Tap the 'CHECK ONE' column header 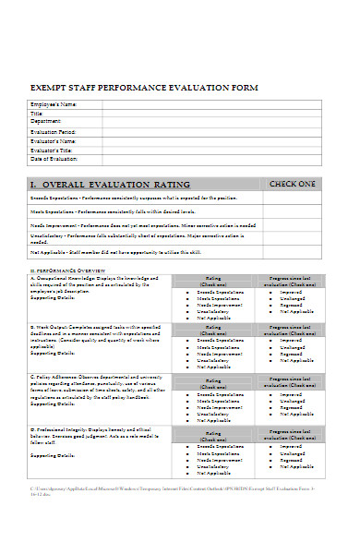click(x=292, y=184)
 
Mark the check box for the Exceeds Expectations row click(x=292, y=199)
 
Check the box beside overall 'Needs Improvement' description click(x=292, y=224)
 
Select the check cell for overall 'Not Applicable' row click(x=292, y=252)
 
